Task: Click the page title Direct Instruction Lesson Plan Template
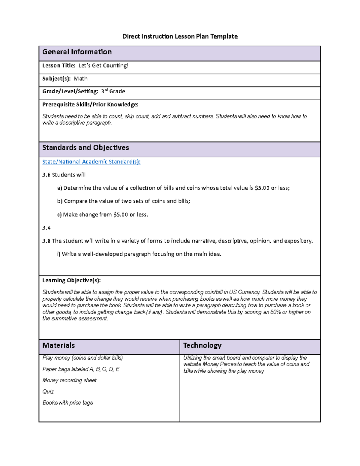point(180,37)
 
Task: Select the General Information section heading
point(77,52)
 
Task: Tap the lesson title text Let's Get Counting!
point(103,65)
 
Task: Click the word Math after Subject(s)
point(80,79)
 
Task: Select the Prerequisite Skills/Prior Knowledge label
point(90,104)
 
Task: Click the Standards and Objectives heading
point(85,148)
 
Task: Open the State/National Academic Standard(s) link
point(91,162)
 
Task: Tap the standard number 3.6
point(46,175)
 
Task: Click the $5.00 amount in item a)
point(262,188)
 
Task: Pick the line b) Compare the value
point(124,201)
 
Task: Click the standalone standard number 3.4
point(46,228)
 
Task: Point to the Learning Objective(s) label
point(71,280)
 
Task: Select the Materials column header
point(58,345)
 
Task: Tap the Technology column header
point(202,345)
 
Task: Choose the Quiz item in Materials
point(48,392)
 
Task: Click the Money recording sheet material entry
point(69,380)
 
